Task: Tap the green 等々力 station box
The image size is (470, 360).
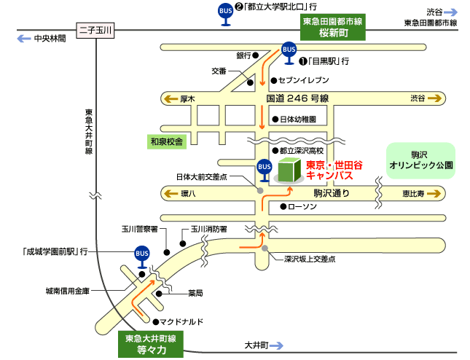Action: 152,344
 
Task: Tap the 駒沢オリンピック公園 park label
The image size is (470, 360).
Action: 422,160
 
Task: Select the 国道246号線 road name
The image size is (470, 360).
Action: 298,98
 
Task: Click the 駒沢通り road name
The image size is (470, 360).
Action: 332,194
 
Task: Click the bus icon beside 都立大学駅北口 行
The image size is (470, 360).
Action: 226,13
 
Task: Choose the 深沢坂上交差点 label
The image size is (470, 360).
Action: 310,259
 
